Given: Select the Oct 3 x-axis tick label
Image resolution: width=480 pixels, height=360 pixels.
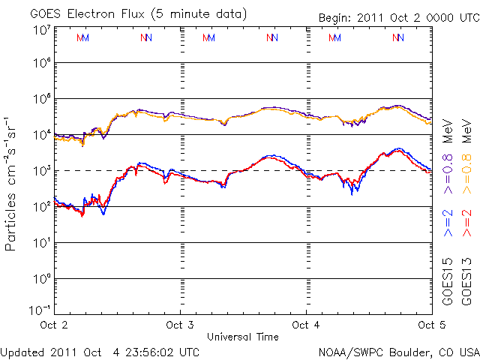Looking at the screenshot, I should pos(180,325).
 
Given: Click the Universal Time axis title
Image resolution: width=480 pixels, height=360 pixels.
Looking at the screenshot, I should pos(242,337).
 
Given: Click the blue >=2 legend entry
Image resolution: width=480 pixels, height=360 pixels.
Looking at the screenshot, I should pos(448,222).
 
